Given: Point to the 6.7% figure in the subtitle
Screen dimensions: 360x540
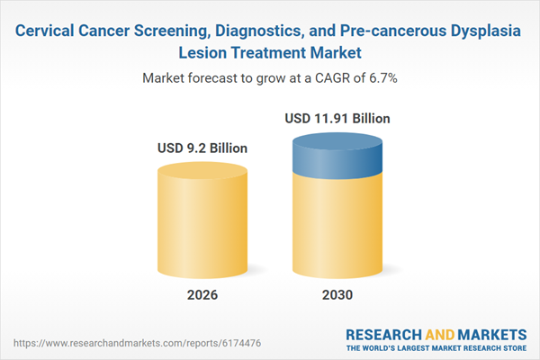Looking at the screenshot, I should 379,78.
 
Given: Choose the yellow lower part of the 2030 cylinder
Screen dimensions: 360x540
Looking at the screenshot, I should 337,225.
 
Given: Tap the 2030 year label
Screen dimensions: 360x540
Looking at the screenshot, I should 337,294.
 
